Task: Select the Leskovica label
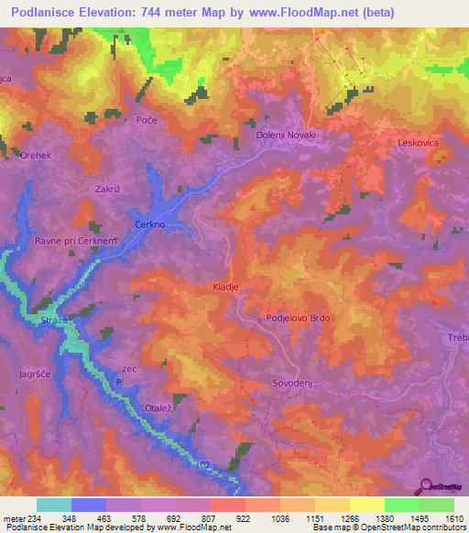[420, 143]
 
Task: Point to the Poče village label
[147, 121]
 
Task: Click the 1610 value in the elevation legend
[453, 518]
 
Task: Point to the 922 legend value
[244, 518]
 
